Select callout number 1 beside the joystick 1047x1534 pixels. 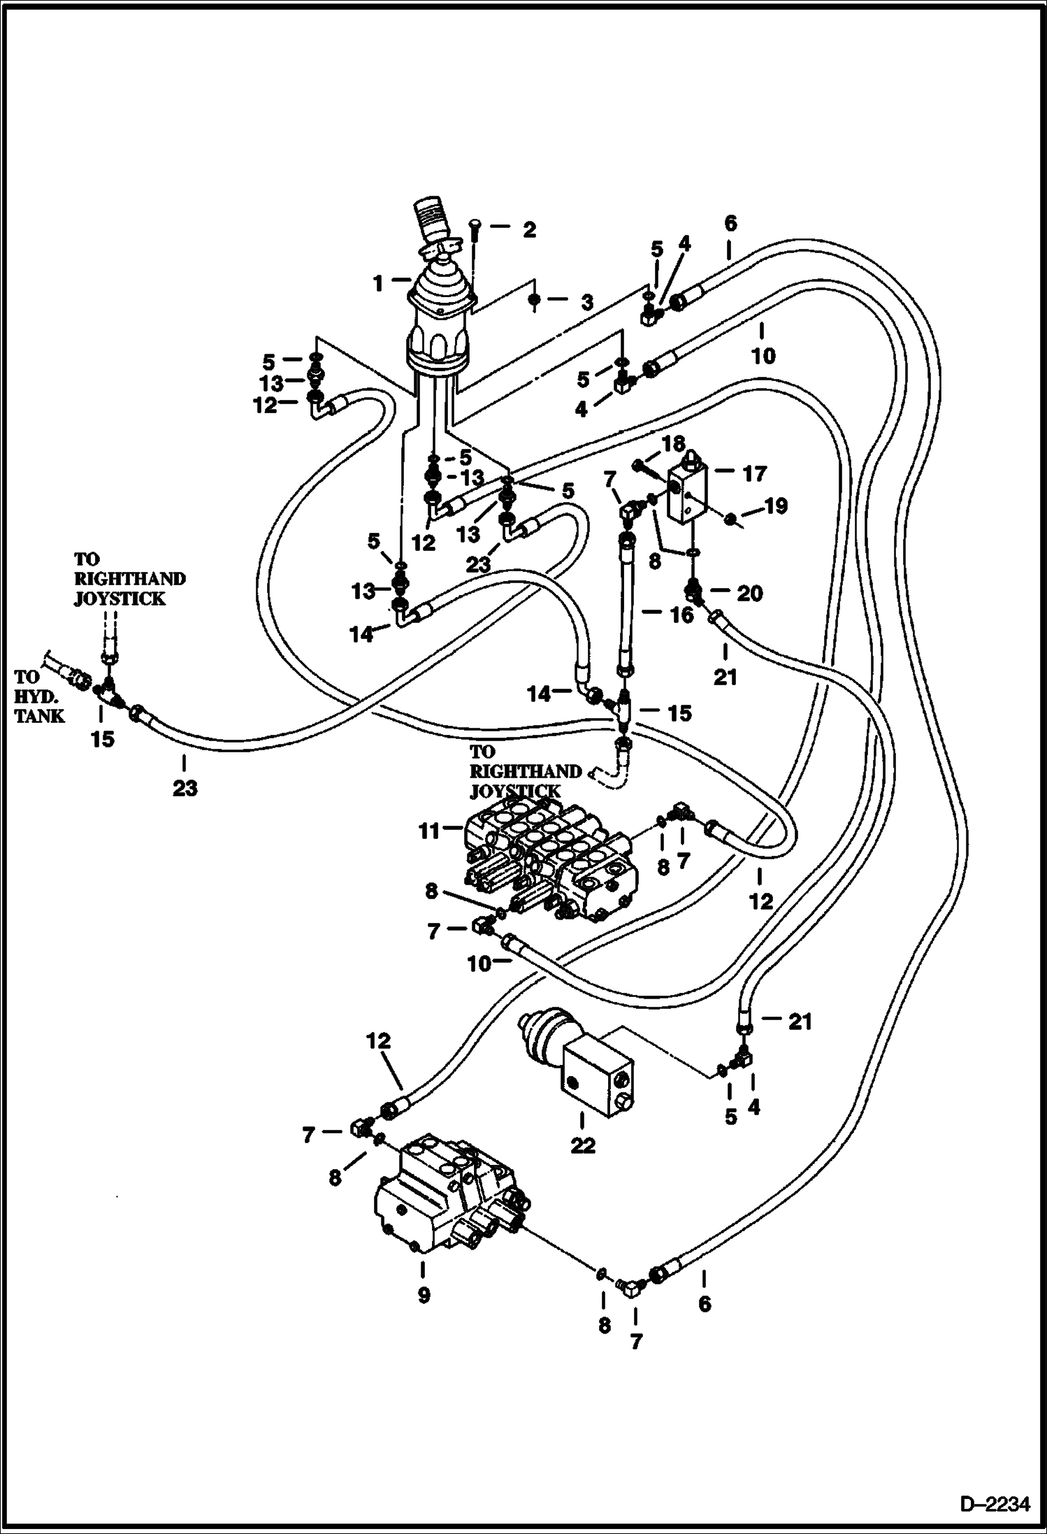pos(378,283)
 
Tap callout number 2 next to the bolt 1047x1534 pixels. pos(529,229)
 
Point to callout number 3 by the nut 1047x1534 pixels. pos(586,302)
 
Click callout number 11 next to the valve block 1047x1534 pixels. pos(428,831)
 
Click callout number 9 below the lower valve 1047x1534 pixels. pos(424,1295)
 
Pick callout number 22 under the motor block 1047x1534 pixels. pos(583,1145)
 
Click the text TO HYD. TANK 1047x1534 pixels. pos(39,696)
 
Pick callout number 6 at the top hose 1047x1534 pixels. pos(730,224)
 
